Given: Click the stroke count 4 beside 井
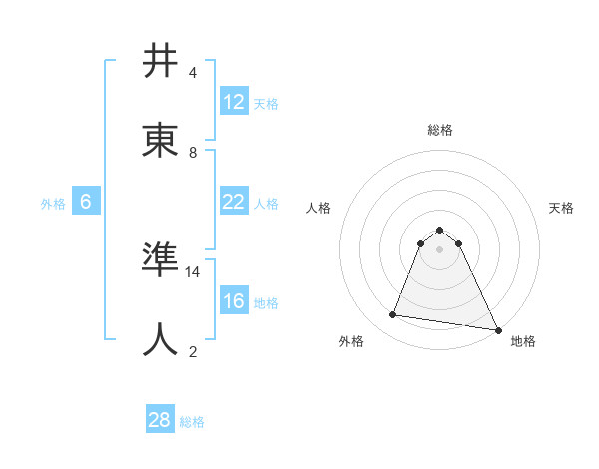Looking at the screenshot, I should [x=193, y=73].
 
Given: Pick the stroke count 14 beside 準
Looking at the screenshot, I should [x=193, y=271].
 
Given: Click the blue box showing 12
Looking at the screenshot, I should [x=234, y=102].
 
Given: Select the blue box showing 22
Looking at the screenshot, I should [x=234, y=202].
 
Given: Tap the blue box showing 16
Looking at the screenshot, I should [x=234, y=301].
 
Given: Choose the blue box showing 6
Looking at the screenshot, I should [x=86, y=202].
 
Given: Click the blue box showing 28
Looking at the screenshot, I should [x=160, y=421].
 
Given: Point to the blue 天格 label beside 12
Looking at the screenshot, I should [x=266, y=103].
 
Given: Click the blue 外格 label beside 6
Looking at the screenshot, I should [x=53, y=203].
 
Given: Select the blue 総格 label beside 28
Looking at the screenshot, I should [x=192, y=422].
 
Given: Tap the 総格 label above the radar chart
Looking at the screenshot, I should [x=440, y=130].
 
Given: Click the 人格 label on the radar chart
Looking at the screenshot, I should [x=319, y=208].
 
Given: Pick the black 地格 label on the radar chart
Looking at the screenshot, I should [x=523, y=341].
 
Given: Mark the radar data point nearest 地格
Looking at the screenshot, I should [x=497, y=329].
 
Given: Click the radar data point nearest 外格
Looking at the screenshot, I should [x=393, y=315].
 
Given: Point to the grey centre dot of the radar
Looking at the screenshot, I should [x=440, y=249].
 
